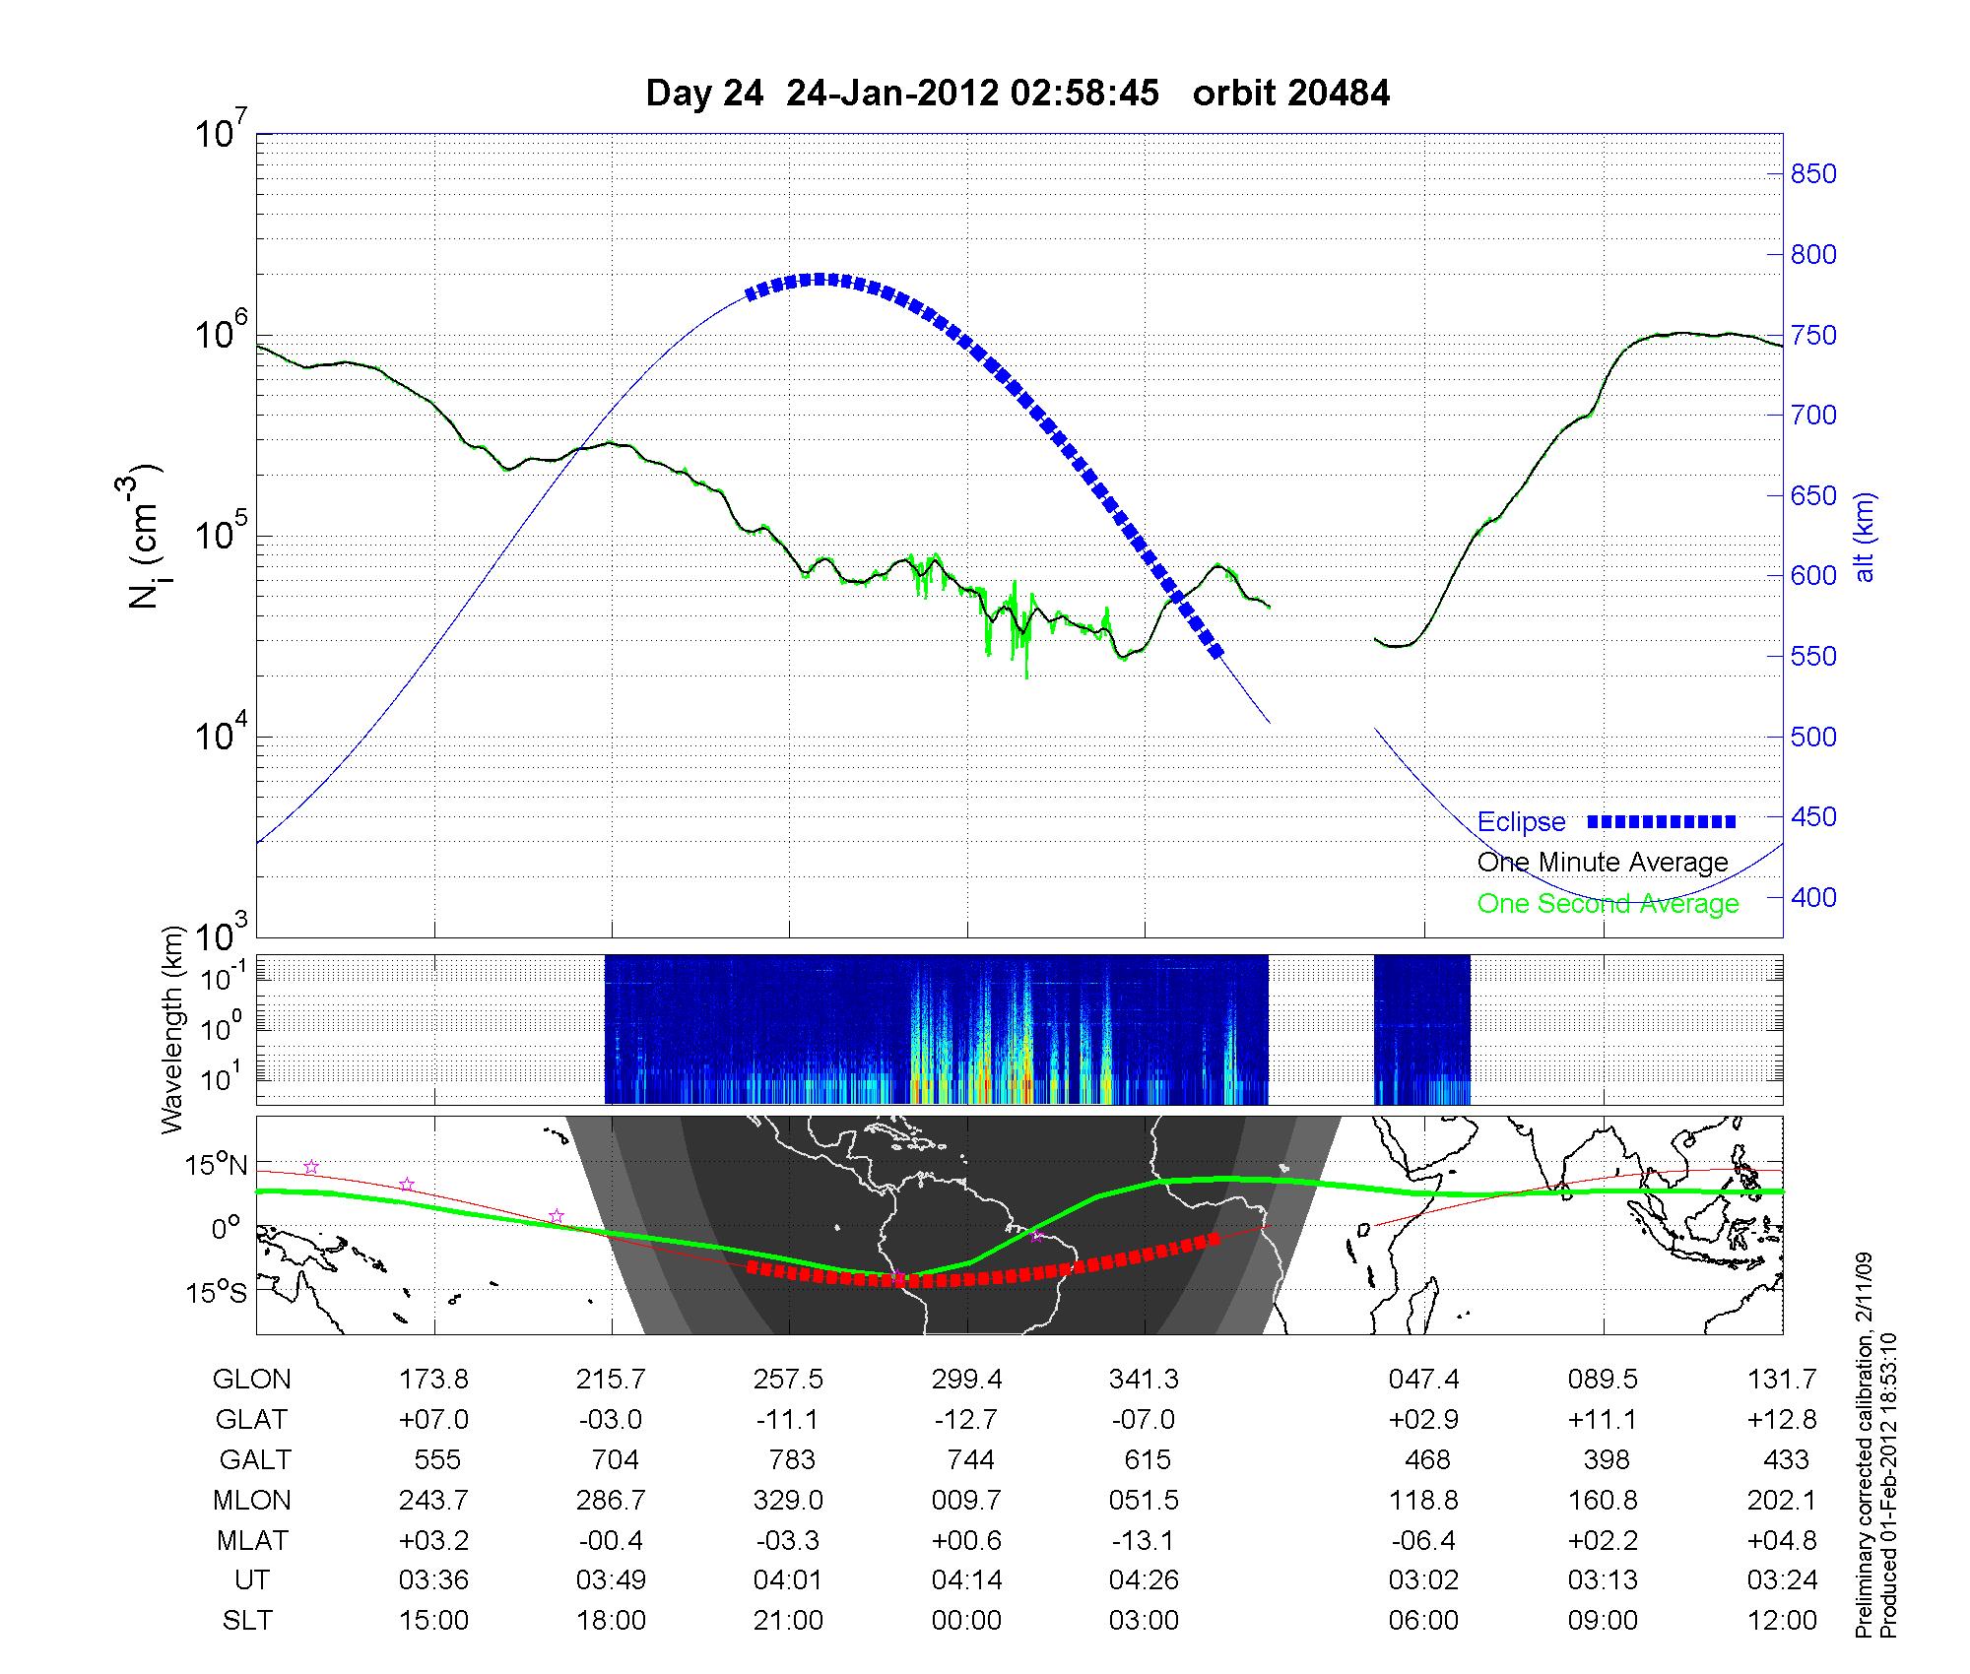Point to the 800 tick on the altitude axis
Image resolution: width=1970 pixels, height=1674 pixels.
click(1812, 255)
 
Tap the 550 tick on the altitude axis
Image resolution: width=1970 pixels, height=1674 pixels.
click(1812, 657)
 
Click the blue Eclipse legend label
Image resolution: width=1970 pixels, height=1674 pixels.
click(1521, 821)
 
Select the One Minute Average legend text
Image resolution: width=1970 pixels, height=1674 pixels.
click(1603, 863)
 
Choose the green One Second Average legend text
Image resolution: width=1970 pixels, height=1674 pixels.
click(1608, 904)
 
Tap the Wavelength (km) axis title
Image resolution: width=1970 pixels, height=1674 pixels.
click(173, 1030)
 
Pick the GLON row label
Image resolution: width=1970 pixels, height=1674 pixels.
click(251, 1379)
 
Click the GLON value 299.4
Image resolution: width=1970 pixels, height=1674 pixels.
click(966, 1379)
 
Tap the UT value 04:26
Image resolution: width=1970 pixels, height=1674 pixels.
click(1144, 1579)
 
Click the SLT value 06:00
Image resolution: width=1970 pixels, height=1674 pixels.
click(1423, 1620)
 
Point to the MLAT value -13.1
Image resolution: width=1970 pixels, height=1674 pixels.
click(1144, 1540)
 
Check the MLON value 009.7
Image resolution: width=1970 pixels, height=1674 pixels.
click(966, 1500)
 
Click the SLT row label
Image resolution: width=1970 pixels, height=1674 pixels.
click(247, 1620)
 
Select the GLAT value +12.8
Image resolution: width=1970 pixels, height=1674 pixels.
click(1782, 1419)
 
